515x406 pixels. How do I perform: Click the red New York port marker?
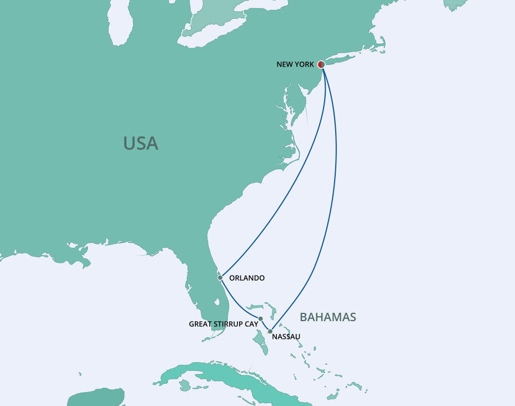click(x=321, y=64)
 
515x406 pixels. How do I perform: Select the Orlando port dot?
click(x=220, y=277)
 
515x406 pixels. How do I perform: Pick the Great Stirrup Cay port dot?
click(x=261, y=319)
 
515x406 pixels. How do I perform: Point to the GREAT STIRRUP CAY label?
click(x=221, y=324)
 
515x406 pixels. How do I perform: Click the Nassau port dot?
click(x=270, y=332)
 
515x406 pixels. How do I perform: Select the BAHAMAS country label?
click(x=327, y=317)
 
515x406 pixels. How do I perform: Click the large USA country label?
click(x=140, y=144)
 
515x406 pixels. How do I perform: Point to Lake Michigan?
click(x=119, y=22)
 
